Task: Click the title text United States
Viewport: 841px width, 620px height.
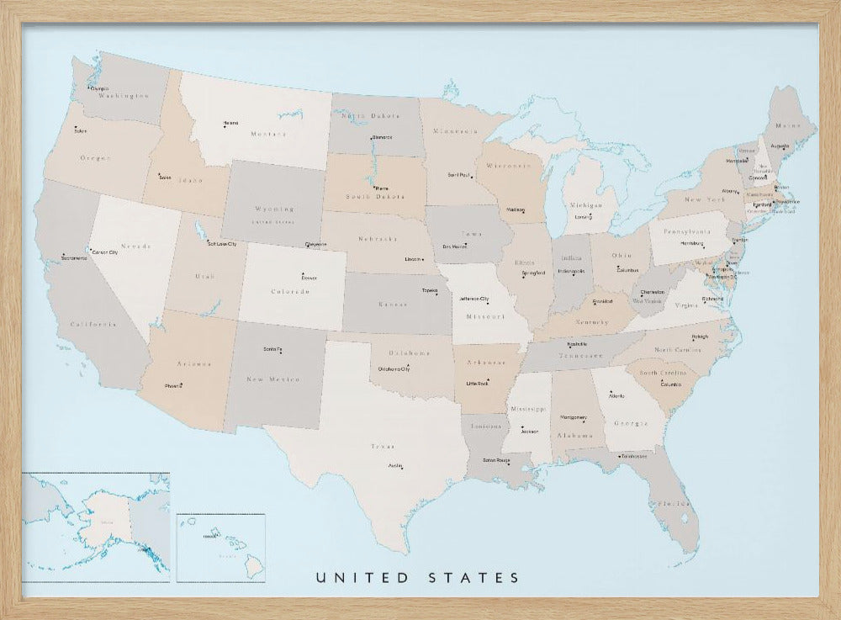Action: [x=418, y=578]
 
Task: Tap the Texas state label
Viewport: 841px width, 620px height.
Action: [x=383, y=447]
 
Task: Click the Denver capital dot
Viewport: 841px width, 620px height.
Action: [x=303, y=273]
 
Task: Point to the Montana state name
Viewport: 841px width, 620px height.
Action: [x=268, y=134]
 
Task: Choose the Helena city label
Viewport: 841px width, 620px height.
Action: [x=230, y=124]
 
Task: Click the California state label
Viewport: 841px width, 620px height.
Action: [x=93, y=324]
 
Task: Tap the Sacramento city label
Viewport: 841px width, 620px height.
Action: [x=75, y=258]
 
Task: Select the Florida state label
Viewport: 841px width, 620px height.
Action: [x=675, y=503]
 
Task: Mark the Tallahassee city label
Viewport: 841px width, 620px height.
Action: [x=633, y=457]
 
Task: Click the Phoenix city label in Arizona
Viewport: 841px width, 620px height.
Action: [x=174, y=386]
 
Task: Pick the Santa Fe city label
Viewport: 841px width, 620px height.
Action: [x=272, y=349]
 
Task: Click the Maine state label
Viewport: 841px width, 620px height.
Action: [x=788, y=125]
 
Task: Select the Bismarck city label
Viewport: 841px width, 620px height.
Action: [x=382, y=137]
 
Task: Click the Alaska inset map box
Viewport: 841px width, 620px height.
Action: [x=96, y=527]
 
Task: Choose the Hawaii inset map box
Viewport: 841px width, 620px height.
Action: [x=221, y=547]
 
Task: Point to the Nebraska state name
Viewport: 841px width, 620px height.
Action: [x=378, y=239]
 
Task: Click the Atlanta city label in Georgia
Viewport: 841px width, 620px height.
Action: [x=617, y=395]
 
